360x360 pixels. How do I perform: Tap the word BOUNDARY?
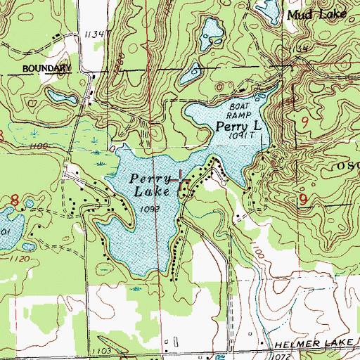coord(47,68)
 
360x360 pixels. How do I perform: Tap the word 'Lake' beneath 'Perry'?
coord(148,193)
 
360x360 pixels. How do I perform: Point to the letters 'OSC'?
coord(345,167)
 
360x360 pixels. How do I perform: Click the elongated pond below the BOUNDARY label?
coord(60,94)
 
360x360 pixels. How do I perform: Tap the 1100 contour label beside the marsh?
coord(39,145)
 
